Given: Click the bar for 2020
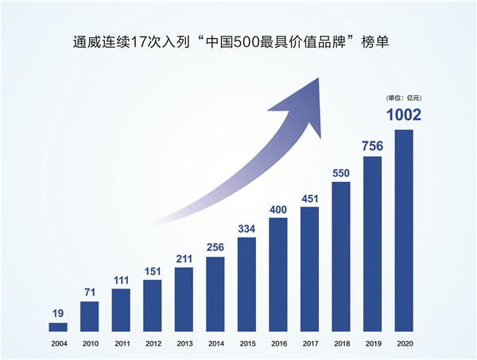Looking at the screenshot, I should coord(404,230).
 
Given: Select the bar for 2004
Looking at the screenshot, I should coord(59,327).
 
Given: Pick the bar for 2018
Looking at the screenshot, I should coord(341,256).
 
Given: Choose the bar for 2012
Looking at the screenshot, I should coord(153,305).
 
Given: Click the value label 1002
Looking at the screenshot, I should coord(404,116).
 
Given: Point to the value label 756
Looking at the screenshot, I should coord(373,145).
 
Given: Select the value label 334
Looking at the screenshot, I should coord(247,229).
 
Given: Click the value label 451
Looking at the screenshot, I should coord(310,198).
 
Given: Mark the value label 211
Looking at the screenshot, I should coord(184,258).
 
